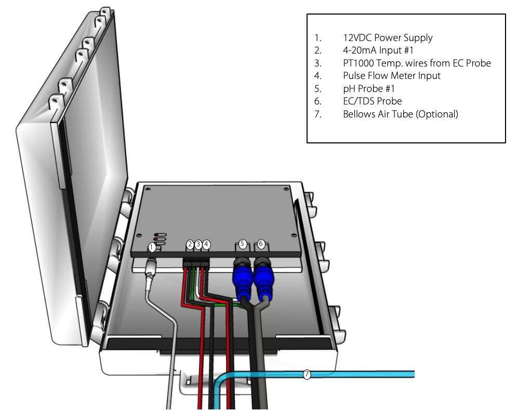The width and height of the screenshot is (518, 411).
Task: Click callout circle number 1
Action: tap(152, 247)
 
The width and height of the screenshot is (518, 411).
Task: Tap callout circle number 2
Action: tap(190, 244)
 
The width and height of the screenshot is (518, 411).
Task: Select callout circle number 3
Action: tap(198, 244)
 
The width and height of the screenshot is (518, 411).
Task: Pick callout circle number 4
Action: tap(207, 244)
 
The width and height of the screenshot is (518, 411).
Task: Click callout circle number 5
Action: tap(242, 244)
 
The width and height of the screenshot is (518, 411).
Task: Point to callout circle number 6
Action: tap(261, 244)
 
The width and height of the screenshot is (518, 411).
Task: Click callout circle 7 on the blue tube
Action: tap(307, 374)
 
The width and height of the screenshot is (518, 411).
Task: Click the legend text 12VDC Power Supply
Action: tap(388, 38)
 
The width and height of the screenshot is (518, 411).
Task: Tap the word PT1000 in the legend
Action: tap(359, 63)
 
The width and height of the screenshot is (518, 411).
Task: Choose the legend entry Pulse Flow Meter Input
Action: tap(392, 76)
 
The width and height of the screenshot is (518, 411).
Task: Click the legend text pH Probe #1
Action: tap(369, 89)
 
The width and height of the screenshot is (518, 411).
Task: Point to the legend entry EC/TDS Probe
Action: tap(372, 101)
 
